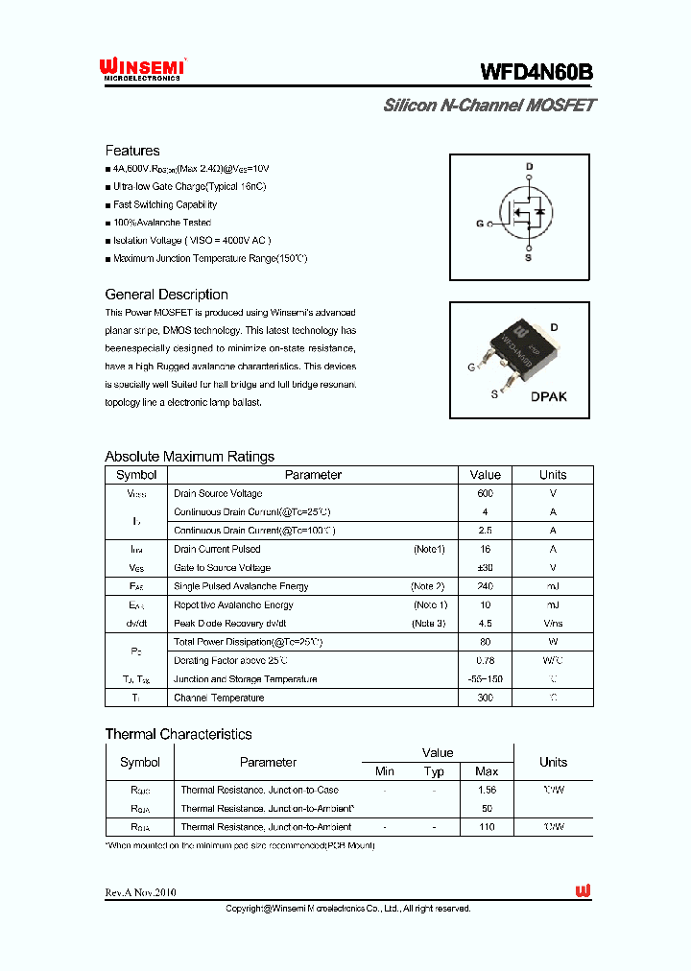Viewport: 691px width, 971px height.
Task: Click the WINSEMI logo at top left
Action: [x=142, y=68]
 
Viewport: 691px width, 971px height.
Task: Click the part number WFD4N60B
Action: [x=536, y=72]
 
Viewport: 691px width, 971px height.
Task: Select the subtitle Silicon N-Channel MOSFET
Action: [x=488, y=106]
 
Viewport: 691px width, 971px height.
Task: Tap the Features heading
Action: [x=132, y=151]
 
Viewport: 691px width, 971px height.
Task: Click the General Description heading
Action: [x=166, y=295]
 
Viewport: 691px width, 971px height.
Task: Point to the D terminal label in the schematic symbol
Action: [x=528, y=167]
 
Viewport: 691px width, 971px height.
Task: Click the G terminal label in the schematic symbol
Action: [x=480, y=225]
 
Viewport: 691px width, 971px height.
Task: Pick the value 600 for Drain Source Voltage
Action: [x=485, y=493]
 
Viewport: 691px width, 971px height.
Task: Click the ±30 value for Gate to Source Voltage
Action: [x=485, y=568]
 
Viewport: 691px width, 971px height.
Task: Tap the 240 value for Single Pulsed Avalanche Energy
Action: [x=485, y=586]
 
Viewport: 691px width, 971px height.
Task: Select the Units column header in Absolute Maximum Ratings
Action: [x=553, y=475]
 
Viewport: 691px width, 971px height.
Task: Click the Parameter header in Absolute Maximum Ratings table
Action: [x=313, y=475]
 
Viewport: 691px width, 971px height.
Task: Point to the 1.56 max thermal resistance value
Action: [x=487, y=790]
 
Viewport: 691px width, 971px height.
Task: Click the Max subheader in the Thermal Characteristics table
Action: [x=487, y=771]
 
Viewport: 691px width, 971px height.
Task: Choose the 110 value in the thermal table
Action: [x=487, y=826]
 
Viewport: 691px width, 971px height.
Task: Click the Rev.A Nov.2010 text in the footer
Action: [x=140, y=892]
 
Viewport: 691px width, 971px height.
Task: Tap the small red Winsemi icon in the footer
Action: [x=583, y=891]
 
